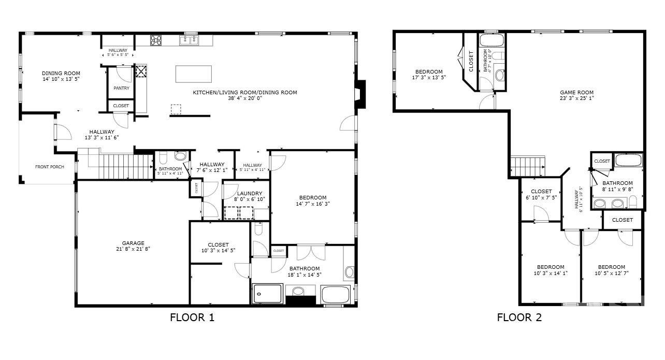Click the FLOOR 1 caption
[192, 318]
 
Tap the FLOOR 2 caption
[519, 318]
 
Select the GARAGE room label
[133, 243]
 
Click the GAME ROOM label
[576, 92]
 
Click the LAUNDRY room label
[247, 193]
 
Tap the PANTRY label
[121, 88]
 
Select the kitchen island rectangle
[194, 74]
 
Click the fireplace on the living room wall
[359, 95]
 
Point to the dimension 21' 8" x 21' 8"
[133, 249]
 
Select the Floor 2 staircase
[528, 166]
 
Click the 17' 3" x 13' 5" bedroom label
[429, 71]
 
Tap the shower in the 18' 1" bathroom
[267, 294]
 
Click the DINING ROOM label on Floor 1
[61, 74]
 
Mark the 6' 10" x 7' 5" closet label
[541, 192]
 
